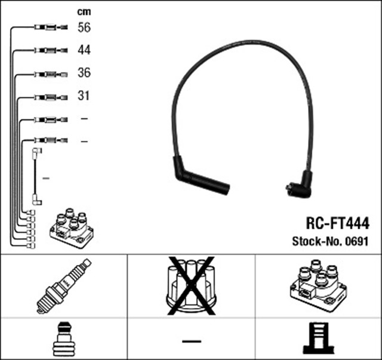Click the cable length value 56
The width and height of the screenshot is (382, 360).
pos(84,27)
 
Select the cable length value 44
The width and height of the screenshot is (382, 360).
pos(84,50)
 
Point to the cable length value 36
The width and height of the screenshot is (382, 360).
pos(84,73)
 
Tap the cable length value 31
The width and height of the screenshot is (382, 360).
pos(84,96)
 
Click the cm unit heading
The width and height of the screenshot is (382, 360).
pos(84,12)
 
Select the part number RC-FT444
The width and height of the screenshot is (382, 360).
pos(337,223)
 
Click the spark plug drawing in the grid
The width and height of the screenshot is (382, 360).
pos(64,286)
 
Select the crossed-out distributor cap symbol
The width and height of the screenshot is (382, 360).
pos(191,285)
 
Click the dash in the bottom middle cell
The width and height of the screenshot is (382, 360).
pos(192,341)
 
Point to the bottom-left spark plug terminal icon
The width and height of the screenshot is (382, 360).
pos(64,340)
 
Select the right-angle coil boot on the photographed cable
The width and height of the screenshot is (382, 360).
pos(299,184)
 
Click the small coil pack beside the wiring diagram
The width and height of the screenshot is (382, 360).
pos(72,228)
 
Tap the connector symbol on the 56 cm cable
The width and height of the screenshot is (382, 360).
pos(51,27)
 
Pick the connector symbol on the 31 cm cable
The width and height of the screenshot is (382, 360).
pos(51,97)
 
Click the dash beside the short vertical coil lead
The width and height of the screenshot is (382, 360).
pos(46,179)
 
